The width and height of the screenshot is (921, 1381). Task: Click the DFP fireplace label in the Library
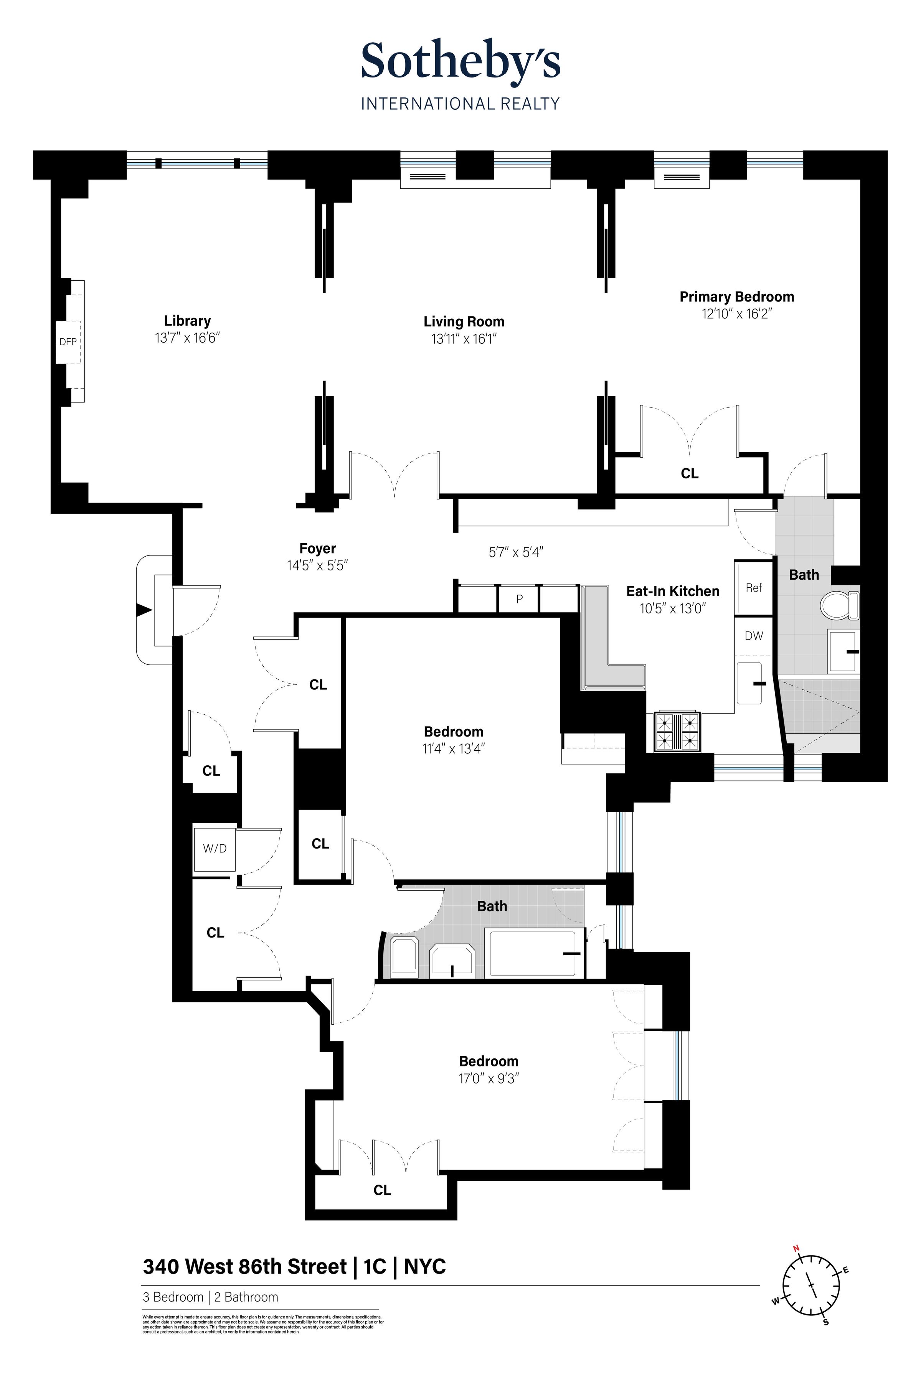pos(68,342)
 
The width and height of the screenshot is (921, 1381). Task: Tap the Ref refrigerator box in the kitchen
pos(754,588)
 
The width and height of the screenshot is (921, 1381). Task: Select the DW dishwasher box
pos(754,636)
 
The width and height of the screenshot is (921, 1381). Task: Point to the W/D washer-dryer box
pos(215,849)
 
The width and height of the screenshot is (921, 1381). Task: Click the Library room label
pos(187,321)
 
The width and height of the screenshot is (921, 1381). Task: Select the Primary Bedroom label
pos(736,297)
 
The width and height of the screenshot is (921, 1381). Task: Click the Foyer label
pos(317,549)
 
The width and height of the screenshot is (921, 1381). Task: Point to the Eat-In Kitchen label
pos(673,591)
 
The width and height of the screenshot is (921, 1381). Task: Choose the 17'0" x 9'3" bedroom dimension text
pos(489,1079)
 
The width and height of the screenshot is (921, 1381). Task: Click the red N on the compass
pos(797,1249)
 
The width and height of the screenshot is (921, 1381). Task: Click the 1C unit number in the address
pos(375,1267)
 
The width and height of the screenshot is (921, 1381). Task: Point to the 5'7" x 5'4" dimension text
pos(516,552)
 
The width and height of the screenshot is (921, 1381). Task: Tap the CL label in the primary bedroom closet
pos(690,473)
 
